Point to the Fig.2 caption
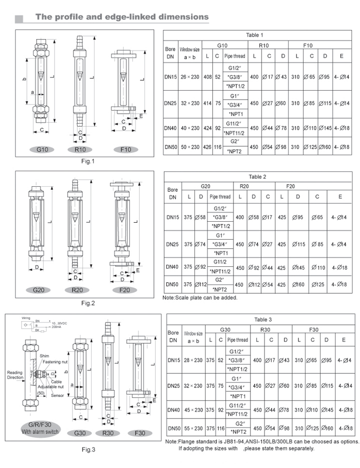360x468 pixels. pos(88,303)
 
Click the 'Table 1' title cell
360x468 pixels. pos(254,35)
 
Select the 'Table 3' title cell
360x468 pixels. pos(263,319)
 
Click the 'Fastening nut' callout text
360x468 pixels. pos(55,362)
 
